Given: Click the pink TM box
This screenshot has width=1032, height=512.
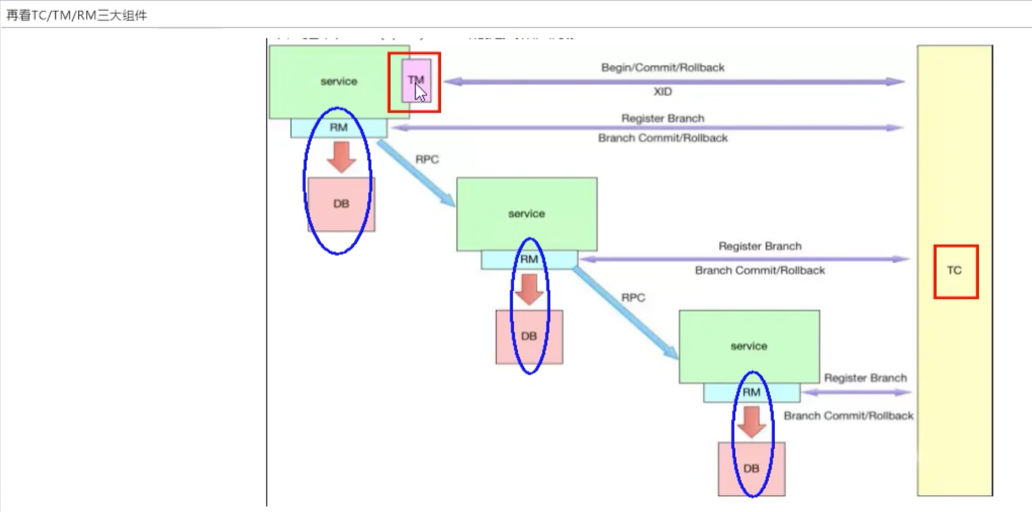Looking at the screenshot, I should [x=416, y=81].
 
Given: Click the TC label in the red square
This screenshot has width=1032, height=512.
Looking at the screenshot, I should [x=954, y=270].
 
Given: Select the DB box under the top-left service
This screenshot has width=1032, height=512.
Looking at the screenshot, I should [x=341, y=204].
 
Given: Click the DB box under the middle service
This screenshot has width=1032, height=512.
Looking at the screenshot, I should [x=529, y=336].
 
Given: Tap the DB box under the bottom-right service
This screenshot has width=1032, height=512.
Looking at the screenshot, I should [x=751, y=469].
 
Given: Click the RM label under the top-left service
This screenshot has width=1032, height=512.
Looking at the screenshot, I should [x=339, y=127].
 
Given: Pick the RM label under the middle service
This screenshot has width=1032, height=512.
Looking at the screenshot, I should [x=529, y=259].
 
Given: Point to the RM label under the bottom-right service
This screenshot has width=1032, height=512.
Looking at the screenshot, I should [x=751, y=392].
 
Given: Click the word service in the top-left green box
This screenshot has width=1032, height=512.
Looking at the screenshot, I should [x=339, y=81].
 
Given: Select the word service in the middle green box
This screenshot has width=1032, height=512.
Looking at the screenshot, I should [x=526, y=214].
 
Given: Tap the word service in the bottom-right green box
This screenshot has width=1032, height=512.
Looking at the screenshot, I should [x=748, y=346].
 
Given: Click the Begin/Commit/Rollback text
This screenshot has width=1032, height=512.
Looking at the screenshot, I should [x=662, y=68].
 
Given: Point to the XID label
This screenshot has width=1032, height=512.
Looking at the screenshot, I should [x=662, y=92].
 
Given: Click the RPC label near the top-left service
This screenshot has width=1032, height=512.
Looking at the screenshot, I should [x=426, y=160].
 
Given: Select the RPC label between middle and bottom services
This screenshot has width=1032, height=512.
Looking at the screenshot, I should [x=633, y=298].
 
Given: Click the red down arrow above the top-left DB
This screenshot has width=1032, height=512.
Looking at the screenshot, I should [x=341, y=156].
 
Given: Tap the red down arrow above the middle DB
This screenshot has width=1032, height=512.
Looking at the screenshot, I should [x=529, y=289].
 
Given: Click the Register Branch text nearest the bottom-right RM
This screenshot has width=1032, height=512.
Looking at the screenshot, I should [x=865, y=378].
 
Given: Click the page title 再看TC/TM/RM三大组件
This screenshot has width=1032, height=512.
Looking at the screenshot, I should [x=77, y=16].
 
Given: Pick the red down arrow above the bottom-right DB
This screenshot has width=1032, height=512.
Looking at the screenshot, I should [x=751, y=421].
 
